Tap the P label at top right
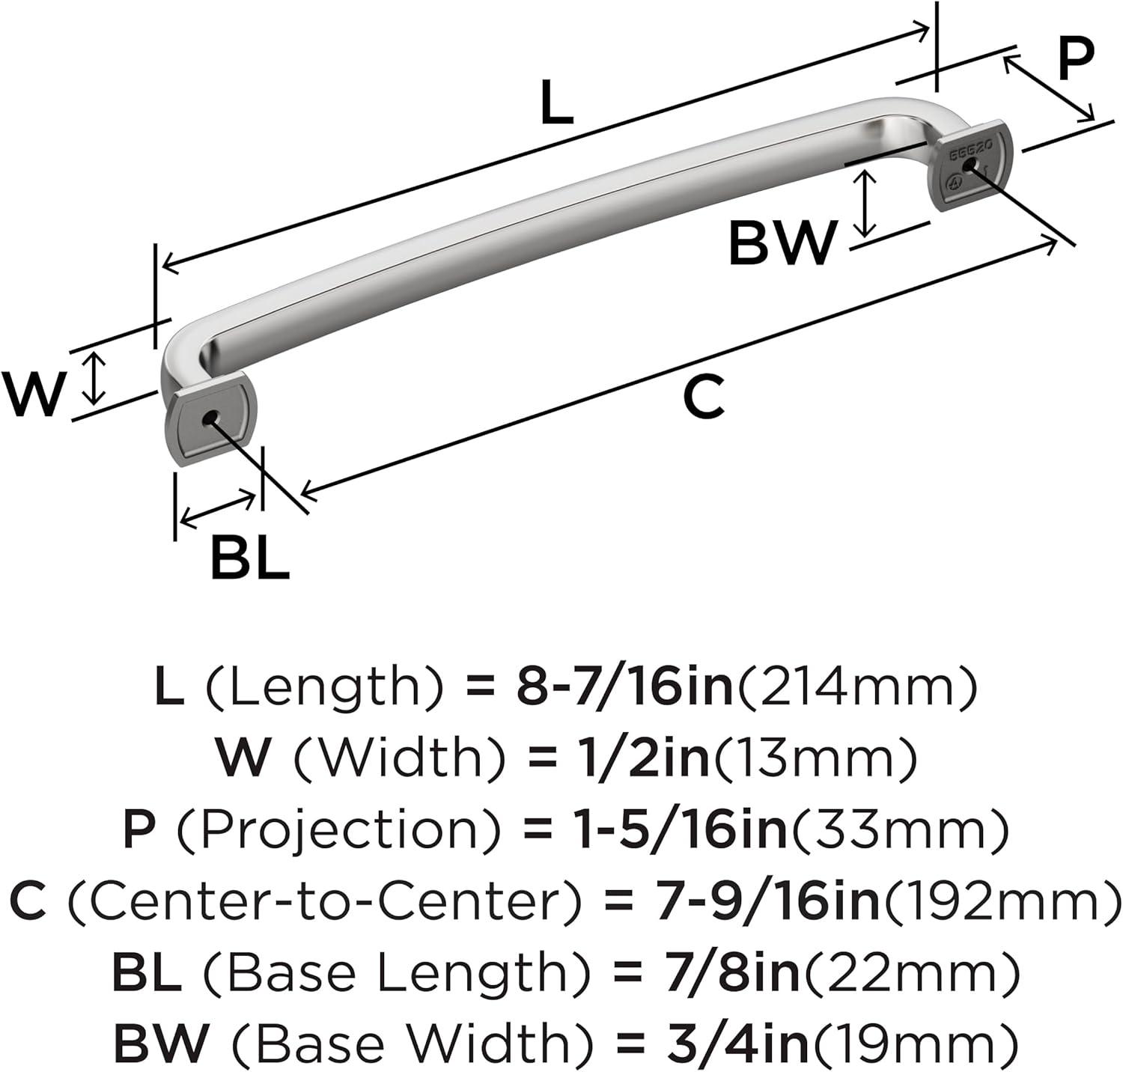[x=1076, y=59]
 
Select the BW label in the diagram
[x=782, y=243]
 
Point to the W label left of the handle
[x=34, y=395]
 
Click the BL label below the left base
[x=249, y=558]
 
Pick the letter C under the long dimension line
[x=704, y=398]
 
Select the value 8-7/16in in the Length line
[x=625, y=687]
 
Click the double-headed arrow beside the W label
[x=94, y=378]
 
